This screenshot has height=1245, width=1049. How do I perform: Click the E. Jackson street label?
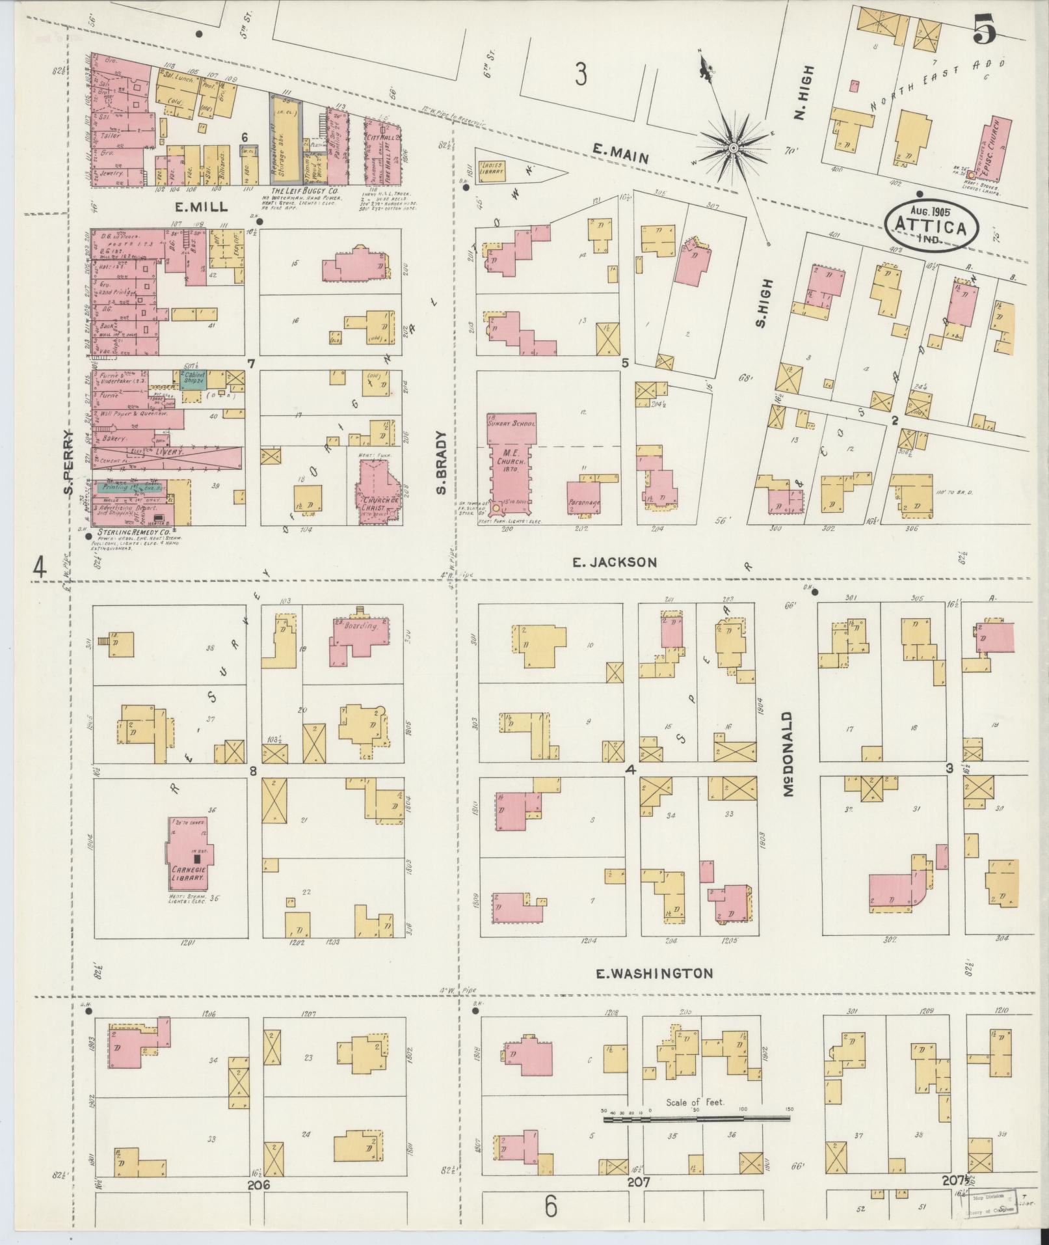[615, 562]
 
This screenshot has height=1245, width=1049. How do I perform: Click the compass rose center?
[733, 148]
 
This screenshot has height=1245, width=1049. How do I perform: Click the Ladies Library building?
[492, 171]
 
